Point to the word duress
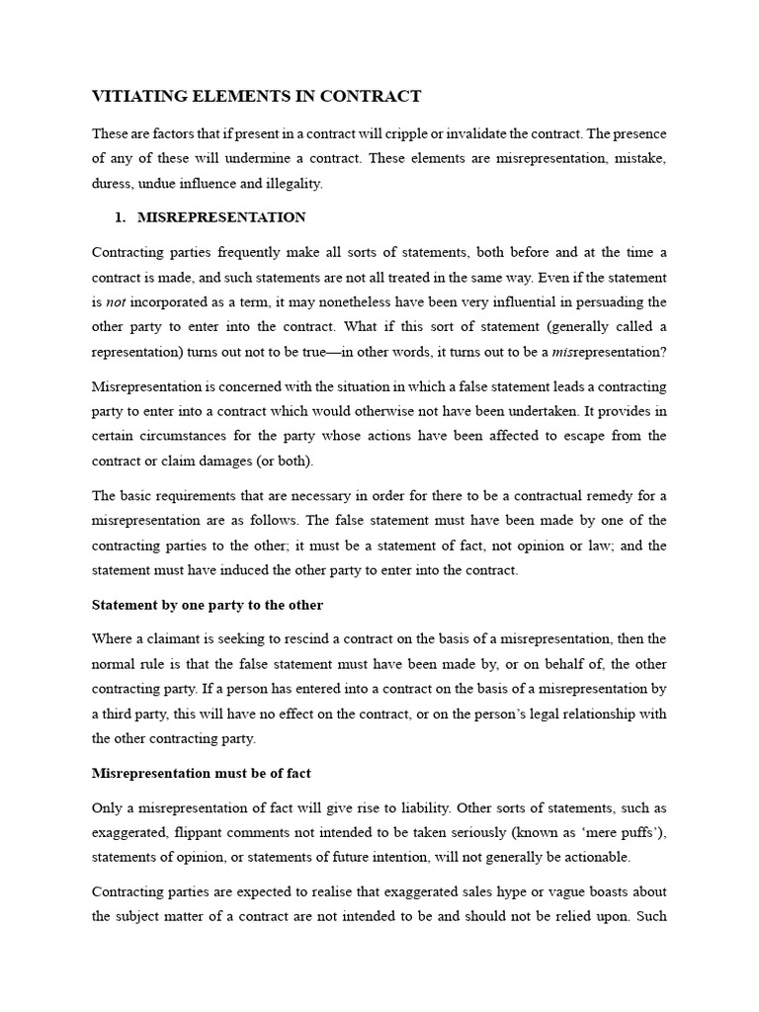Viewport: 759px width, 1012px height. pos(114,184)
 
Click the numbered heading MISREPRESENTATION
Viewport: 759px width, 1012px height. pos(221,217)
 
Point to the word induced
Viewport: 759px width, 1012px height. pos(280,570)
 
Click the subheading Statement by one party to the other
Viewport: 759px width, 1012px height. pos(208,604)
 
